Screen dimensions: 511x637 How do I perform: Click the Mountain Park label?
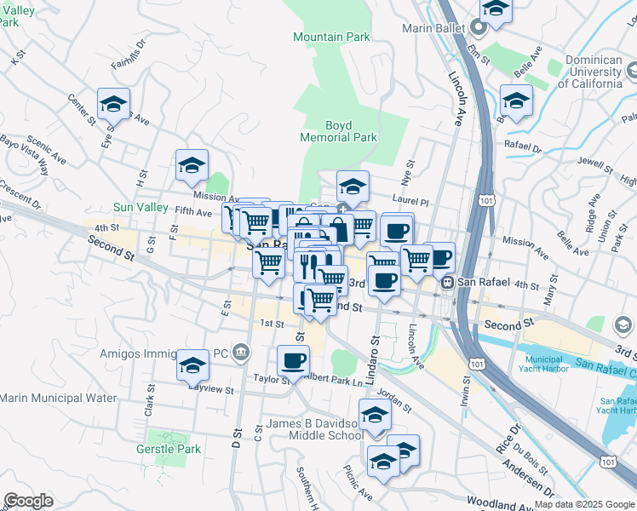pyautogui.click(x=331, y=37)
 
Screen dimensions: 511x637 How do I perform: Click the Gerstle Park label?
pyautogui.click(x=174, y=449)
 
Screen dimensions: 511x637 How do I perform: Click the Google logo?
pyautogui.click(x=28, y=500)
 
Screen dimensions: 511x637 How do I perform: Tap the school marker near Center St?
pyautogui.click(x=113, y=105)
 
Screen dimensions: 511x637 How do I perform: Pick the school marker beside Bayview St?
pyautogui.click(x=193, y=365)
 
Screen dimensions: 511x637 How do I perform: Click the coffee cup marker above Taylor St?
pyautogui.click(x=294, y=360)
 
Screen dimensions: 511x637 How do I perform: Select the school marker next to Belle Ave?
pyautogui.click(x=516, y=100)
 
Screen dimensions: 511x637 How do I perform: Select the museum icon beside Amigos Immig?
pyautogui.click(x=241, y=352)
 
